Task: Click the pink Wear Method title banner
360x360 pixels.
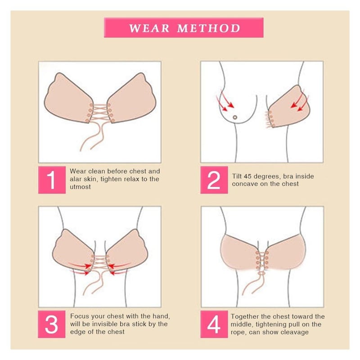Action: point(184,27)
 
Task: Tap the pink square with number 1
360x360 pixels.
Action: point(52,180)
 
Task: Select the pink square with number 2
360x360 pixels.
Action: point(214,180)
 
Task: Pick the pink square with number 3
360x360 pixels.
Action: point(52,324)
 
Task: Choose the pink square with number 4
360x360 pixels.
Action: point(214,324)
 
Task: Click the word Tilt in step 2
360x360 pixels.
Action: point(237,176)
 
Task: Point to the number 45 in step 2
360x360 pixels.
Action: point(247,176)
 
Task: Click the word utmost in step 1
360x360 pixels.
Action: point(80,187)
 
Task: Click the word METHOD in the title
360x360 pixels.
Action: point(209,28)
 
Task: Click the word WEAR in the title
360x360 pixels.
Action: point(149,28)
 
